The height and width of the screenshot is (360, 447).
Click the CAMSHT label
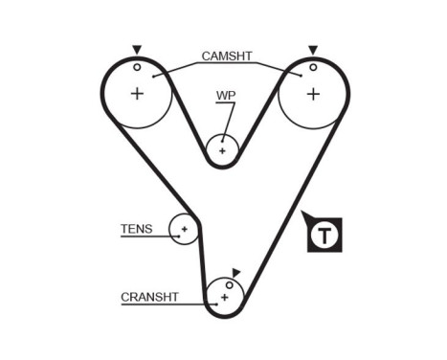[227, 56]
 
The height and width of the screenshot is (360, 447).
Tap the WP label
[225, 96]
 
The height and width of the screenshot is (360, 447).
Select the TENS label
[136, 229]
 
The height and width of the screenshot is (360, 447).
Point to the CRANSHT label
[150, 297]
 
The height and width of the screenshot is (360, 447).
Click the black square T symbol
[326, 235]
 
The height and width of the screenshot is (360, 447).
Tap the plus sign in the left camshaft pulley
[137, 93]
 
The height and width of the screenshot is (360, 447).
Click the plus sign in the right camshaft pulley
[312, 93]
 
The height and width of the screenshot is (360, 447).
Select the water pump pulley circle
[223, 150]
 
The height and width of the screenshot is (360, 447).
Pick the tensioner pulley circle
[183, 229]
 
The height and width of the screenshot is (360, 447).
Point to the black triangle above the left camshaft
[137, 49]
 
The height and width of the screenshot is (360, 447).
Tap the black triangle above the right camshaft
[312, 49]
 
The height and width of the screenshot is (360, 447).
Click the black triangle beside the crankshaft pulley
[236, 273]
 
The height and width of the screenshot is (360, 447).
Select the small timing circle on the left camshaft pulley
[137, 67]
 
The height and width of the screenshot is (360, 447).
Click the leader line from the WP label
[228, 120]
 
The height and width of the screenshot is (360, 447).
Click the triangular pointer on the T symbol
[305, 216]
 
